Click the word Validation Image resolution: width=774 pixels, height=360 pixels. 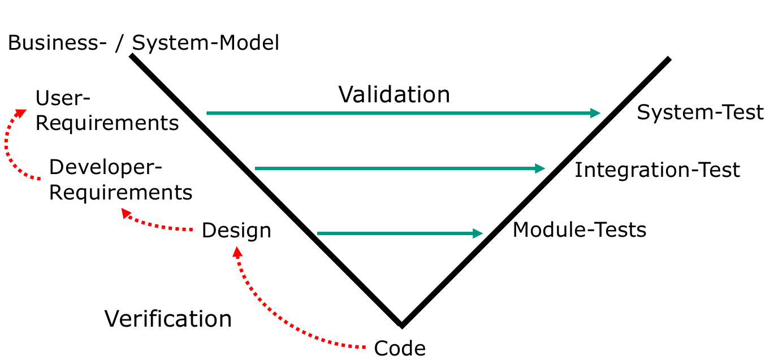point(394,94)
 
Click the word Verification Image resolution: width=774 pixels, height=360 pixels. point(168,319)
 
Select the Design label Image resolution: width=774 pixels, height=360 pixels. point(236,231)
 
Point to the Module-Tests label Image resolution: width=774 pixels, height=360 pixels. point(579,229)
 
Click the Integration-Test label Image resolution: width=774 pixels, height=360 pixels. point(657,170)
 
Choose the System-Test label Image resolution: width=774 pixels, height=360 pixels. point(700,112)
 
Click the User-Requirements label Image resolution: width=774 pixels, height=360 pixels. point(107,111)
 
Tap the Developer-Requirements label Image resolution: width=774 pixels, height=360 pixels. point(120,180)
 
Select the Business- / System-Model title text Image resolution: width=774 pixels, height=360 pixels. point(144,43)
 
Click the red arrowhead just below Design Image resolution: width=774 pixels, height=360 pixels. point(237,253)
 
